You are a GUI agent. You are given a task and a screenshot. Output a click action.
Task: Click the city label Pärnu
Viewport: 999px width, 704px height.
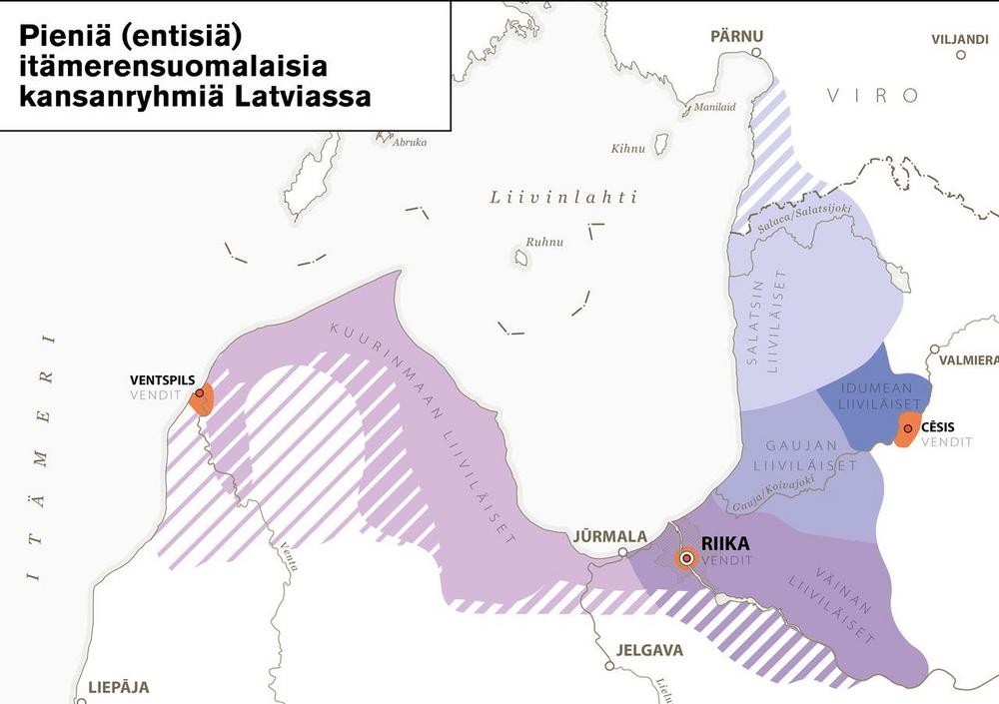tap(736, 36)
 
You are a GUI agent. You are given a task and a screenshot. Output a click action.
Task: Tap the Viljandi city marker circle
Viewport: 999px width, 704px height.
tap(961, 55)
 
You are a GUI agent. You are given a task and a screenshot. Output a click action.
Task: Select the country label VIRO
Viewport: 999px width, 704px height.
tap(872, 96)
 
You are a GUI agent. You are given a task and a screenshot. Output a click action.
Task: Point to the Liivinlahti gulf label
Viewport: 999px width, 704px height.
tap(563, 197)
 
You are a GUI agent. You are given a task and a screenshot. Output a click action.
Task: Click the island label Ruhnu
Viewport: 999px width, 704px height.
tap(545, 242)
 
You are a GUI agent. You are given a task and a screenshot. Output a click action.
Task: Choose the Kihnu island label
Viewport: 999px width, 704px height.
tap(627, 149)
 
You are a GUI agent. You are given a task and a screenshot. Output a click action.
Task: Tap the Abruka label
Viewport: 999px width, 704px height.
tap(410, 142)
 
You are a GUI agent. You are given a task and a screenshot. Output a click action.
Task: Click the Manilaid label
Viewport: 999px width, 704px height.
tap(714, 107)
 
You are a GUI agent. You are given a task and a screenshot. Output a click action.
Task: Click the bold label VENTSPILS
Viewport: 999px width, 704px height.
tap(162, 380)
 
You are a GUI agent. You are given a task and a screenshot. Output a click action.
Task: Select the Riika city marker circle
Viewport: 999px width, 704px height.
tap(686, 559)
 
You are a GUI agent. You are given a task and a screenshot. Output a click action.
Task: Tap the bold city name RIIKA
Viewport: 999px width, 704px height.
tap(725, 544)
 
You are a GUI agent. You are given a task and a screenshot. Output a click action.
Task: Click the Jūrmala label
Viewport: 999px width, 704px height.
tap(609, 536)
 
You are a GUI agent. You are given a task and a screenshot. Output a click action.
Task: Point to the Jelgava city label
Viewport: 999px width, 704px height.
tap(649, 651)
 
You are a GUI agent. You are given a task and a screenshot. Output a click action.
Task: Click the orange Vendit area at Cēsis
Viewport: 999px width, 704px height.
tap(908, 431)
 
